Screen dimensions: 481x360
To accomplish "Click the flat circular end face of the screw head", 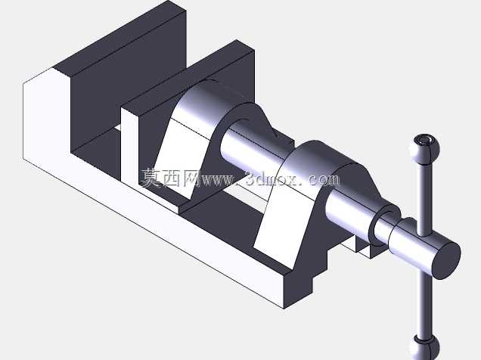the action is click(447, 259).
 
